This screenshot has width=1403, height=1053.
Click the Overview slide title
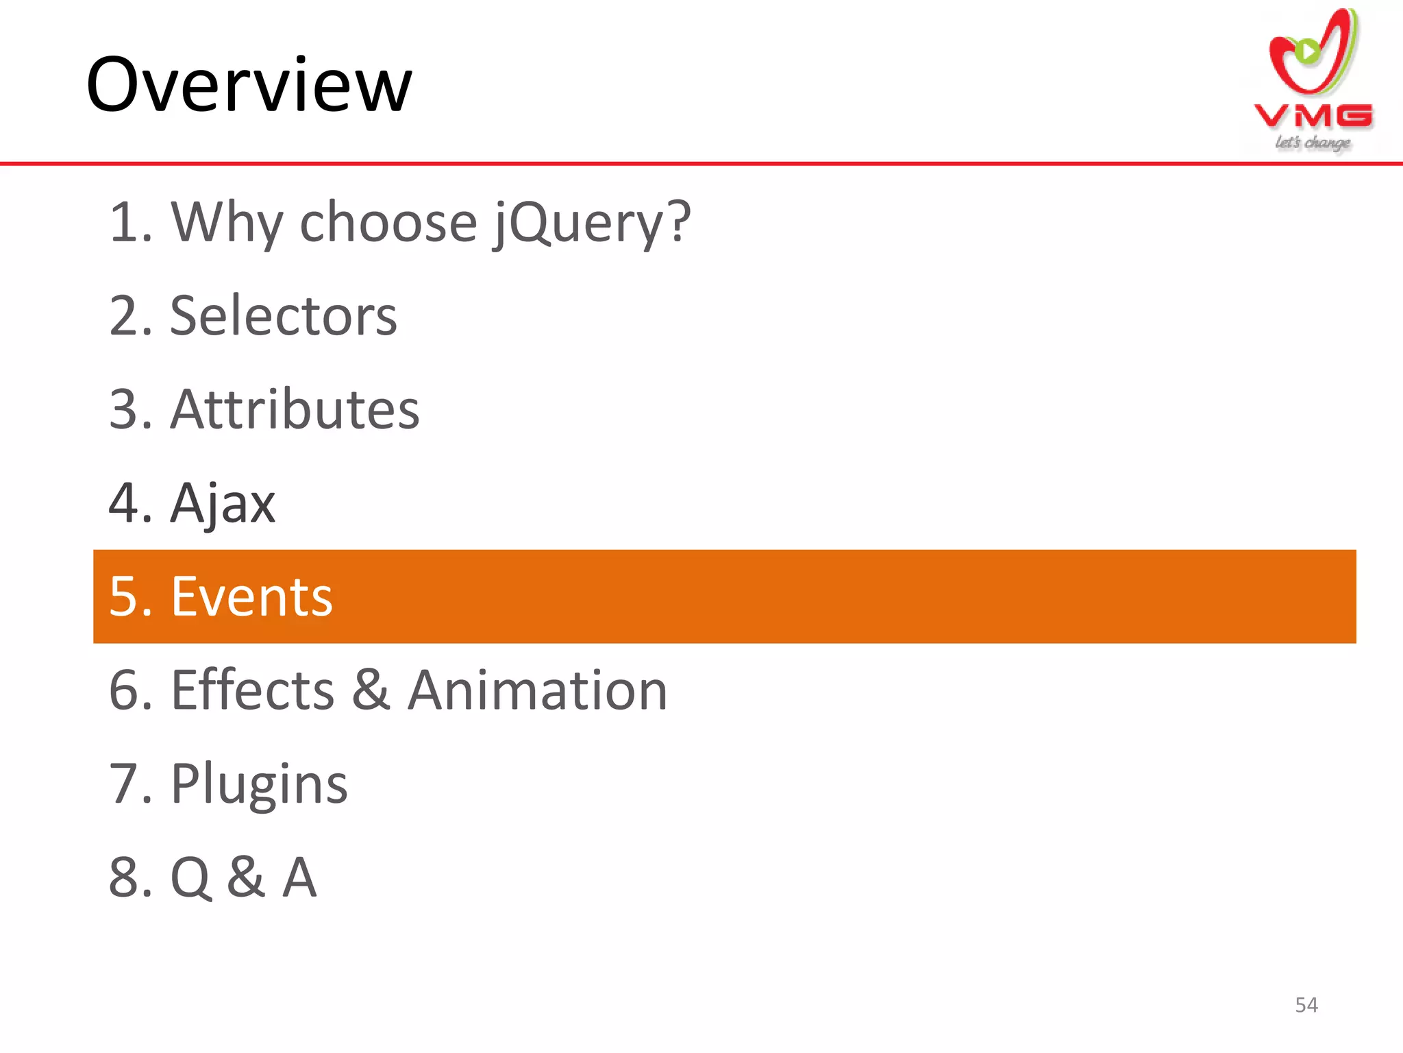(x=249, y=85)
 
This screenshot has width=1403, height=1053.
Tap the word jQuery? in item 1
(x=592, y=223)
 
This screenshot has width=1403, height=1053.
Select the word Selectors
(x=284, y=316)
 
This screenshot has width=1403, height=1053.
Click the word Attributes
(x=295, y=409)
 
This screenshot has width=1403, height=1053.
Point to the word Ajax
(x=223, y=504)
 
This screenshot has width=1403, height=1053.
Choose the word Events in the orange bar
(x=251, y=596)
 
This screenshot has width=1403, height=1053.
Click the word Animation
(x=538, y=690)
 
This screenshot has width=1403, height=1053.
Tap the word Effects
(x=253, y=690)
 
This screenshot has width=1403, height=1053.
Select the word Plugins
(x=259, y=784)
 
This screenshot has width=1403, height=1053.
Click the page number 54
(x=1306, y=1005)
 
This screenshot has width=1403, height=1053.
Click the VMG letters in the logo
(x=1313, y=117)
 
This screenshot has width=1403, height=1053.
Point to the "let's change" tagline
(x=1313, y=143)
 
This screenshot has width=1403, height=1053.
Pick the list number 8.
(x=125, y=877)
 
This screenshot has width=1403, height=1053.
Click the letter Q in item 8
(x=190, y=878)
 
